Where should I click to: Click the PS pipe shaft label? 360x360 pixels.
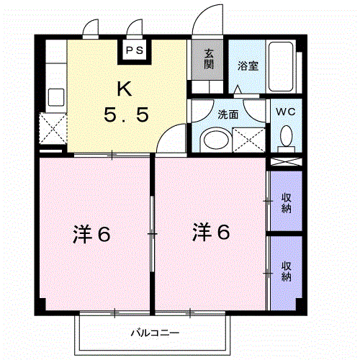(x=135, y=50)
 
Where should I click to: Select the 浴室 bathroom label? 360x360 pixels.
(x=248, y=65)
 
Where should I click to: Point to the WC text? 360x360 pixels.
(x=287, y=112)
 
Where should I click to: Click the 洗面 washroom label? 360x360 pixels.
(x=229, y=113)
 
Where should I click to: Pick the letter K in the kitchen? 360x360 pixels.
(x=124, y=89)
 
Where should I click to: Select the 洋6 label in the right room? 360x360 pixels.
(x=211, y=232)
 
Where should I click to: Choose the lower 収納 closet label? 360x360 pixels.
(x=287, y=271)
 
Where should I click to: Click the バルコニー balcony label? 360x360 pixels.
(x=155, y=333)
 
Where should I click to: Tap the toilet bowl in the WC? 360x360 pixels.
(x=287, y=135)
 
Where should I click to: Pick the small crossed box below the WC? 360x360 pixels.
(x=285, y=162)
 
